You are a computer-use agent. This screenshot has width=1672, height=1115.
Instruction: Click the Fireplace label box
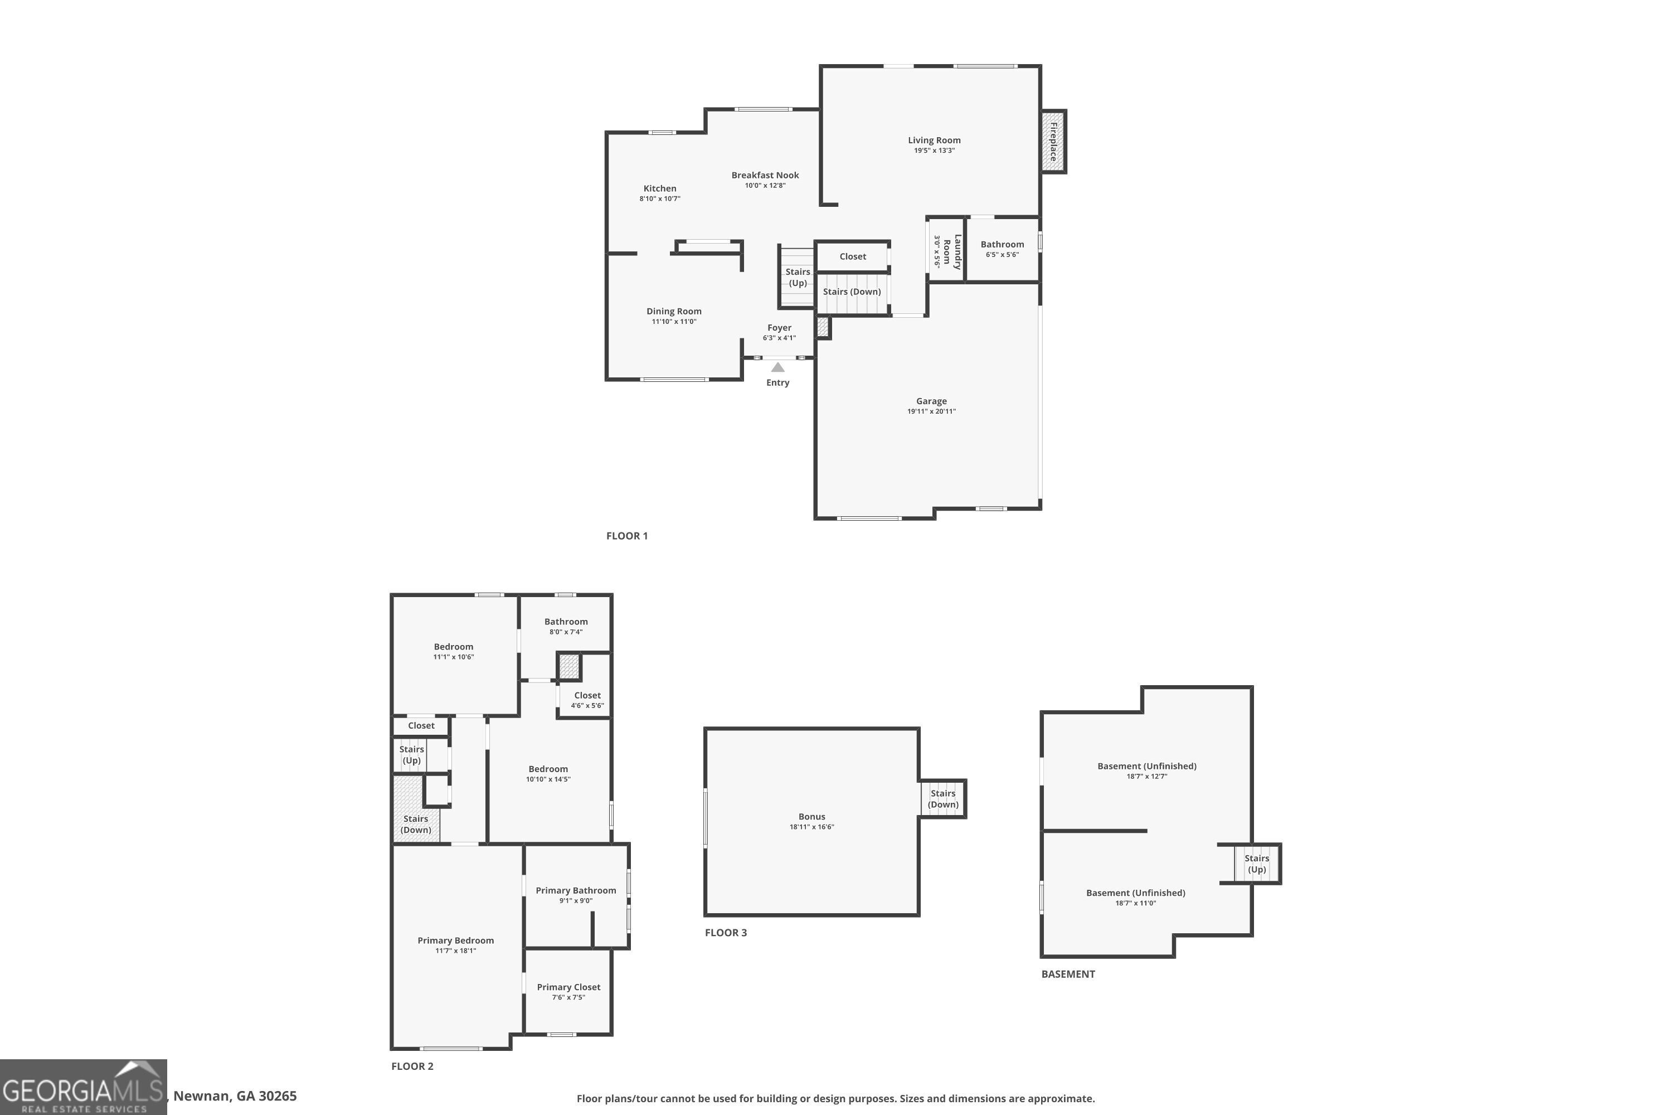click(1053, 142)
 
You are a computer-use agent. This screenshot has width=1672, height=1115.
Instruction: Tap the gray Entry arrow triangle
click(777, 367)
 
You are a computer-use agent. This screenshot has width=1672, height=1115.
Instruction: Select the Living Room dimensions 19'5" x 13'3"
click(934, 151)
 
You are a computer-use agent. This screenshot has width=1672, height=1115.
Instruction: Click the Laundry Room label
click(952, 252)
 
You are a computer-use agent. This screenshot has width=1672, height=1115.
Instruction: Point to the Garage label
click(931, 401)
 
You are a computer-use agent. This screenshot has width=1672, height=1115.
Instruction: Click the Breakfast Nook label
click(765, 175)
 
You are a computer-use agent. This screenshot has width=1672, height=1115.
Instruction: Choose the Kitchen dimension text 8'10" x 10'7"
click(660, 199)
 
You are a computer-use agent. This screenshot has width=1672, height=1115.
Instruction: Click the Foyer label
click(779, 328)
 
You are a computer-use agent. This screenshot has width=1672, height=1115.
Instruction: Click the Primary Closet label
click(568, 987)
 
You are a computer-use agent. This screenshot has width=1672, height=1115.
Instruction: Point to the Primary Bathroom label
click(576, 890)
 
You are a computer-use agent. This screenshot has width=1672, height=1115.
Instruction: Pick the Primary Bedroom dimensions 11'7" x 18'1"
click(456, 951)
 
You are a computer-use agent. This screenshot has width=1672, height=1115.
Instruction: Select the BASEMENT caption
click(1068, 974)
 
